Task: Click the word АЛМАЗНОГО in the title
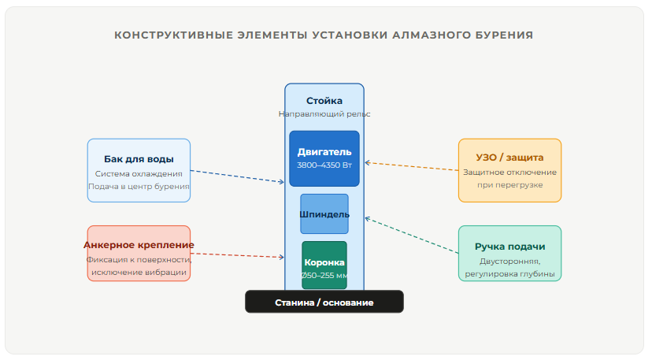click(x=425, y=35)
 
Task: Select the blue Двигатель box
click(x=324, y=158)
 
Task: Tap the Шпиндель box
click(x=324, y=213)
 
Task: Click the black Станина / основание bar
click(x=324, y=302)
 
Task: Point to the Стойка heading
click(x=324, y=101)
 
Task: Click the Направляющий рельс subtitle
click(x=324, y=114)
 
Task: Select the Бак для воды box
click(x=139, y=170)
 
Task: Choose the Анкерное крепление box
click(x=139, y=254)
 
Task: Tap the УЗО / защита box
click(x=509, y=170)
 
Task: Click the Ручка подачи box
click(x=509, y=254)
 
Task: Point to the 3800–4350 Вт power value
click(x=324, y=165)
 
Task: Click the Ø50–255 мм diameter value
click(x=324, y=276)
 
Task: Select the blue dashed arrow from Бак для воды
click(x=236, y=176)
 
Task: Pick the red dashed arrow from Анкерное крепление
click(x=236, y=255)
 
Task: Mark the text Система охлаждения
click(x=139, y=173)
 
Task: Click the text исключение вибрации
click(x=139, y=273)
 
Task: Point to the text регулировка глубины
click(x=509, y=274)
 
